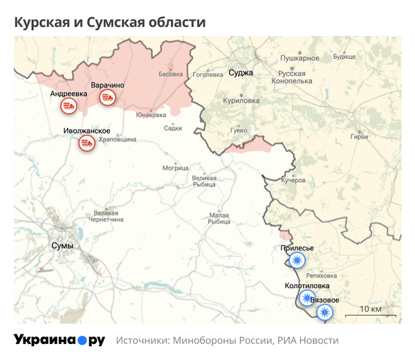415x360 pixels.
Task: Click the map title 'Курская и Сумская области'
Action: [110, 22]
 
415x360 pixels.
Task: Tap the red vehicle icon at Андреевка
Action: [68, 106]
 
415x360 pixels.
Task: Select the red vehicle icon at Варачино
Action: [107, 98]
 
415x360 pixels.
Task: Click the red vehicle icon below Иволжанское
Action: [86, 143]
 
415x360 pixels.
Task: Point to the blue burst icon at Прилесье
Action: [297, 260]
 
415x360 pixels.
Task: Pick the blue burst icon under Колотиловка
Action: [306, 298]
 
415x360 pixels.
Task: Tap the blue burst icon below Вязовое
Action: [323, 312]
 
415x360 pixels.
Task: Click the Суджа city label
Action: [241, 73]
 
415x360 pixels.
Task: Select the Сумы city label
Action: [62, 246]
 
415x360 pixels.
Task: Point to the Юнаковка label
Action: [151, 115]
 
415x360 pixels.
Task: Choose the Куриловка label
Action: [241, 100]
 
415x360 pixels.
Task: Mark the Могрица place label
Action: [175, 168]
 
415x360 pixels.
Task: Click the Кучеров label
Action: [293, 179]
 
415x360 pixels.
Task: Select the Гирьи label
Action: [378, 136]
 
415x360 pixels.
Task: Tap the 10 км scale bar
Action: [372, 314]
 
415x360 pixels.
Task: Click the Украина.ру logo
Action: [59, 340]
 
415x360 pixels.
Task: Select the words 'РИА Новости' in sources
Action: [308, 341]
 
